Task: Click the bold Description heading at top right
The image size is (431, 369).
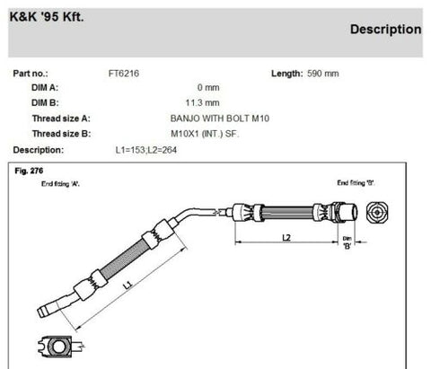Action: [385, 29]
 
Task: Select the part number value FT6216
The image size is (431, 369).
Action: [122, 73]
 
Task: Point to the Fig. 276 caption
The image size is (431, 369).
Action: [30, 170]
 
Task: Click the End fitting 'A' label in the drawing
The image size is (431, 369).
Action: [60, 182]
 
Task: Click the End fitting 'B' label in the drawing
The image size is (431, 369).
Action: [356, 182]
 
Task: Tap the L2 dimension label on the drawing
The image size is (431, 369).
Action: [285, 238]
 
